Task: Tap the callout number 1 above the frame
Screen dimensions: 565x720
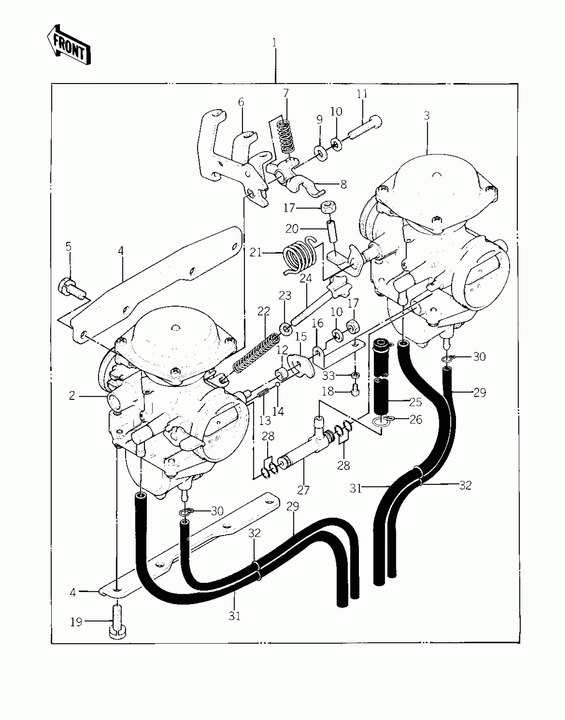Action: [x=274, y=43]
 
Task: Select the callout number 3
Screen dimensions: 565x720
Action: [x=427, y=116]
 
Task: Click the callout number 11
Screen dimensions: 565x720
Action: [x=362, y=94]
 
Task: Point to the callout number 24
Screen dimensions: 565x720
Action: [x=306, y=278]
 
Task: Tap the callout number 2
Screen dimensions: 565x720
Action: [x=72, y=396]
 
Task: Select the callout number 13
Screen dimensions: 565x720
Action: [x=265, y=421]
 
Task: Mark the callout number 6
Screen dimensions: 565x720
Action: [x=241, y=102]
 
